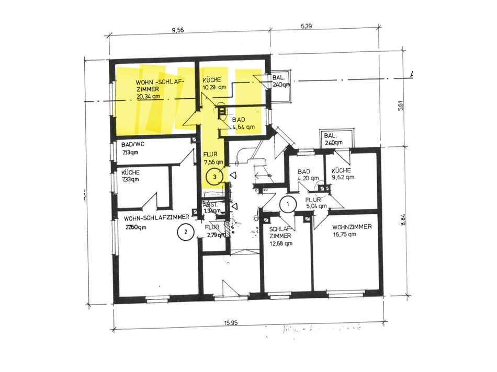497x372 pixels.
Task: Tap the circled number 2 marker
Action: coord(184,231)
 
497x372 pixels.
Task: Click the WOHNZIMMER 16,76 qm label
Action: coord(351,230)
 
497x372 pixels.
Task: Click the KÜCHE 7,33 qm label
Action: coord(130,176)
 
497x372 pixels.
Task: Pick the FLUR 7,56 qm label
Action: coord(213,158)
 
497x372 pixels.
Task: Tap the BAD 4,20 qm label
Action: coord(307,175)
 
